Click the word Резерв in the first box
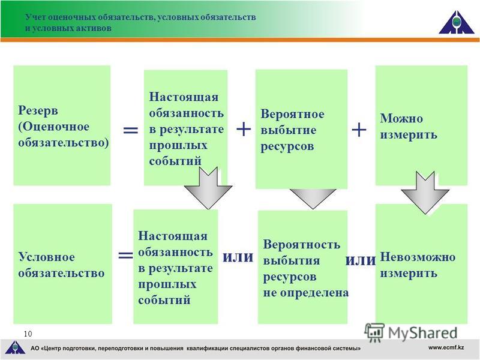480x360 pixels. click(x=38, y=110)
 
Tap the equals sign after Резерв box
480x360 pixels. click(x=130, y=130)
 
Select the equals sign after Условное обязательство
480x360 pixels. click(x=125, y=254)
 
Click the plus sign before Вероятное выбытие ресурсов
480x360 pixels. click(x=244, y=129)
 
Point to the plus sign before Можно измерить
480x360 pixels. click(x=359, y=130)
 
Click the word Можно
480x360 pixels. click(x=401, y=118)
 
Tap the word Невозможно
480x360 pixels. click(x=418, y=257)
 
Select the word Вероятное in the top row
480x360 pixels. click(x=292, y=114)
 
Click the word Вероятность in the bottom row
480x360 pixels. click(x=302, y=244)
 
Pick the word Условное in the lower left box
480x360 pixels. click(x=46, y=257)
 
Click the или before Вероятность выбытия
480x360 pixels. click(x=238, y=257)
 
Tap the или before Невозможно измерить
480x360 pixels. click(x=361, y=260)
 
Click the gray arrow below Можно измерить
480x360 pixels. click(x=425, y=193)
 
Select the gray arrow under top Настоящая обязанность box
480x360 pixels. click(x=208, y=188)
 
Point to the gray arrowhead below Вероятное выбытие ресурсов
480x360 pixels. click(x=313, y=199)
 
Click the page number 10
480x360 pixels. click(x=28, y=334)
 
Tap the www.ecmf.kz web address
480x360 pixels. click(x=446, y=347)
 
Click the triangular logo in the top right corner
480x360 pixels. click(x=457, y=22)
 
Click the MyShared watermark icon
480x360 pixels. click(x=374, y=332)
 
